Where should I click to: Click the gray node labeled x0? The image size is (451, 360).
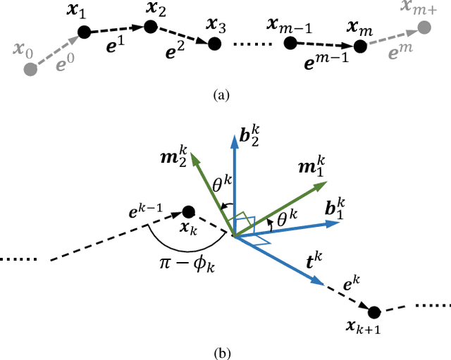tap(30, 69)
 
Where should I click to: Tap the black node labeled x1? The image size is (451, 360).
tap(83, 31)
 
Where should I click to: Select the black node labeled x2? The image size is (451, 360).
tap(150, 27)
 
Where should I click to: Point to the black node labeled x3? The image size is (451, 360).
tap(216, 44)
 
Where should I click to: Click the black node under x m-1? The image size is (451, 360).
tap(290, 43)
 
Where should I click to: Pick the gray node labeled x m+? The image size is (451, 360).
tap(423, 28)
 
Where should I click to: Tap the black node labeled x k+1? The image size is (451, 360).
tap(373, 312)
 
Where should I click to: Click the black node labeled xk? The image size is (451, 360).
tap(188, 211)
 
